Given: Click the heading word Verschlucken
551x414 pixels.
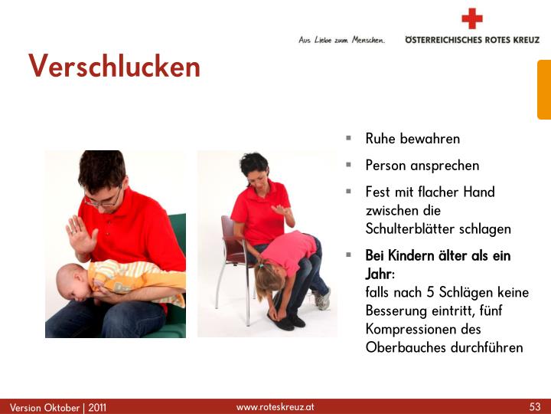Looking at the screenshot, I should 115,67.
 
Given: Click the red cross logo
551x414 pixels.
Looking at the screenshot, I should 472,18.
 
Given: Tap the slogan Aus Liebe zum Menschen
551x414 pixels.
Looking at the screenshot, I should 341,39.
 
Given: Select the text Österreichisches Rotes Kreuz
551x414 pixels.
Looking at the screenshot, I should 471,39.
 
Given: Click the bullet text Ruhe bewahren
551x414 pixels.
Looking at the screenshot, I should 412,139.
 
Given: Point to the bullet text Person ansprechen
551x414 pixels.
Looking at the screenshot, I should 422,165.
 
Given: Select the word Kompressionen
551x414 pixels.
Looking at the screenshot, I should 410,329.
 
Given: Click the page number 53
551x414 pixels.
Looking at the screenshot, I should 535,406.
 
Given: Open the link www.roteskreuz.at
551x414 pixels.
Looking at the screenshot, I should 275,406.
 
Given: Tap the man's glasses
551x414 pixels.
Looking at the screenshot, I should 103,201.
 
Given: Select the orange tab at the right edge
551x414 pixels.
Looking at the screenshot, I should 543,90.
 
